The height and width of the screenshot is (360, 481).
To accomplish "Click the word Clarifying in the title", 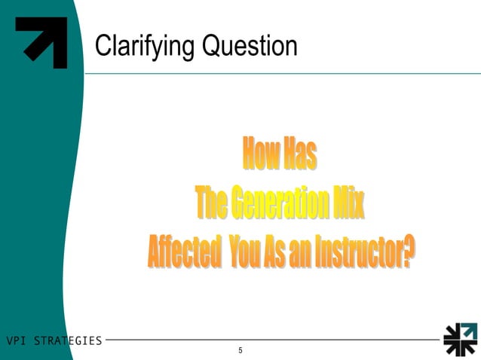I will click(x=142, y=47).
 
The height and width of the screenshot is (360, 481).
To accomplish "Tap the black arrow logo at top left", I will click(x=42, y=42).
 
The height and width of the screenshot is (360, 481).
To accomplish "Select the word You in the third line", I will click(x=244, y=251).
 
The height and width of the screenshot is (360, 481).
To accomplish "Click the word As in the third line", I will click(x=274, y=251).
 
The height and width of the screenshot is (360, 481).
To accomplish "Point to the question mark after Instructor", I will click(x=408, y=251).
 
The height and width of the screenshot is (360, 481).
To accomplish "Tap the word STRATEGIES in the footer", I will click(x=69, y=340).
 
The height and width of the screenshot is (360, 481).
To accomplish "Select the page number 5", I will click(x=240, y=351).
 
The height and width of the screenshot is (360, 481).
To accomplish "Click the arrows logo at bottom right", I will click(x=459, y=339).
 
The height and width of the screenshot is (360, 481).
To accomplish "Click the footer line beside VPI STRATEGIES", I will click(x=271, y=340).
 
